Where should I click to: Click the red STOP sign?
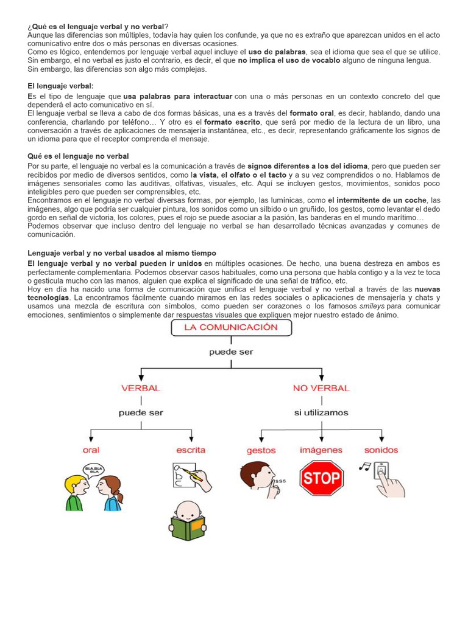pos(321,478)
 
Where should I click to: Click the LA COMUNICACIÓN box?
pos(231,327)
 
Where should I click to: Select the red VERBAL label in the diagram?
pos(141,388)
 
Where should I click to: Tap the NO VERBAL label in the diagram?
pos(321,388)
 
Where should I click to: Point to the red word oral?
pos(91,450)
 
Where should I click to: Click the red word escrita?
pos(191,450)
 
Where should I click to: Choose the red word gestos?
pos(261,451)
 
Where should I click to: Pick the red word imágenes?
pos(321,450)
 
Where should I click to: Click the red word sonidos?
pos(381,450)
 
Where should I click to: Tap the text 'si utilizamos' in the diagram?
pos(321,412)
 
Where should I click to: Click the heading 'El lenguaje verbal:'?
pos(61,86)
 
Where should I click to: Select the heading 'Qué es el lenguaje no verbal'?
pos(79,156)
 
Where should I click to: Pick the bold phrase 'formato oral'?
pos(311,113)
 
